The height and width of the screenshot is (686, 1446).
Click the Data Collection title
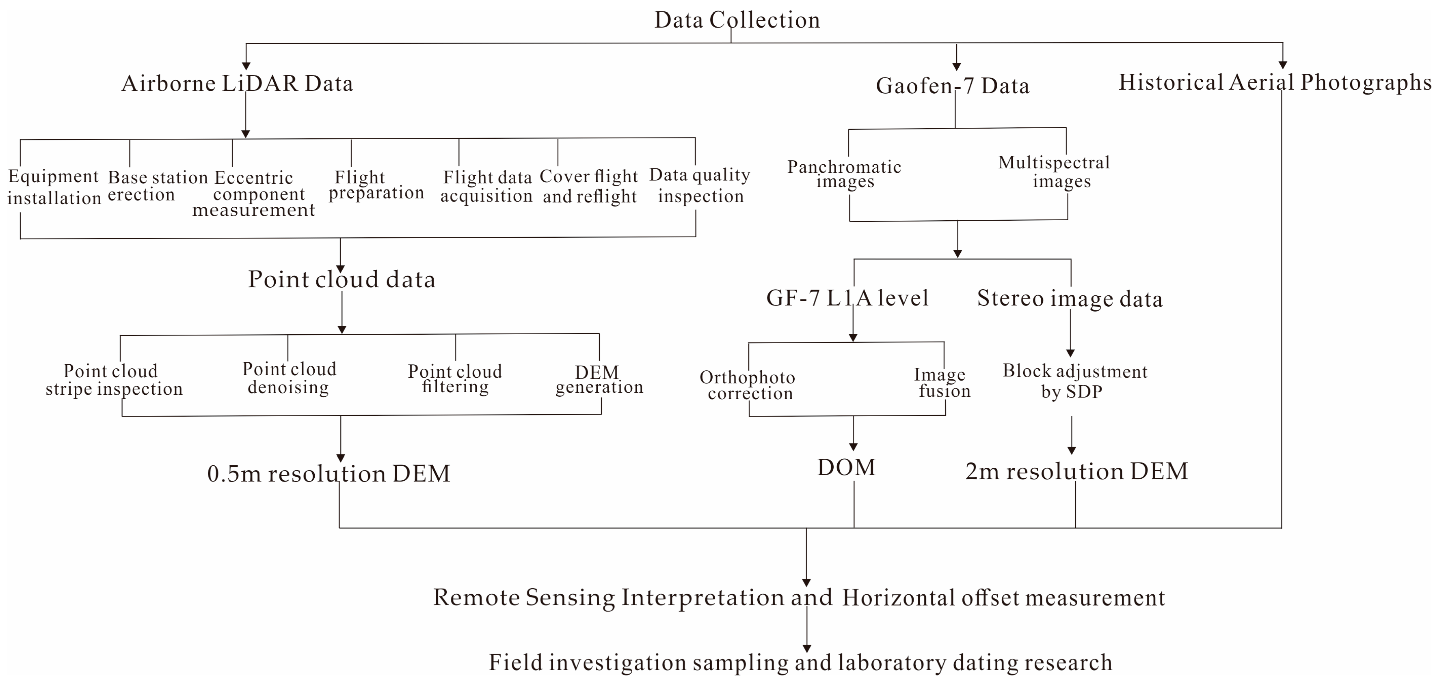[737, 20]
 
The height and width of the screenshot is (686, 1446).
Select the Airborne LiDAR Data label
[238, 84]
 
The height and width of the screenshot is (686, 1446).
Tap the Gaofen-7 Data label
[952, 86]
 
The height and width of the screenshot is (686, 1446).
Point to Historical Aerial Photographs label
[1274, 82]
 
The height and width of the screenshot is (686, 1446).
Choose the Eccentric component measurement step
[254, 194]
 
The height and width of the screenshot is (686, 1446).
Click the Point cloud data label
[341, 280]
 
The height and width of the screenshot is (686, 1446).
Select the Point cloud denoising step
[289, 378]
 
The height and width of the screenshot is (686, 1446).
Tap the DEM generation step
[599, 380]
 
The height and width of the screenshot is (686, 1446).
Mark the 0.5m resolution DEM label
[329, 474]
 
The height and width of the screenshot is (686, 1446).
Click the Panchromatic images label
[844, 174]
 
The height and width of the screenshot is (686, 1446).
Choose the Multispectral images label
[1054, 172]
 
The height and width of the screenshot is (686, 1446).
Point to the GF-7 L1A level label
[847, 298]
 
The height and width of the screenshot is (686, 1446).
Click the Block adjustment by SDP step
[1074, 381]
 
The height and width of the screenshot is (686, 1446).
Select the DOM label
[846, 467]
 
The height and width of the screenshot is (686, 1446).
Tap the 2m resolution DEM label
[1076, 471]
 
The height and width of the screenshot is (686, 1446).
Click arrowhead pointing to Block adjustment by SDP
[1070, 353]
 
